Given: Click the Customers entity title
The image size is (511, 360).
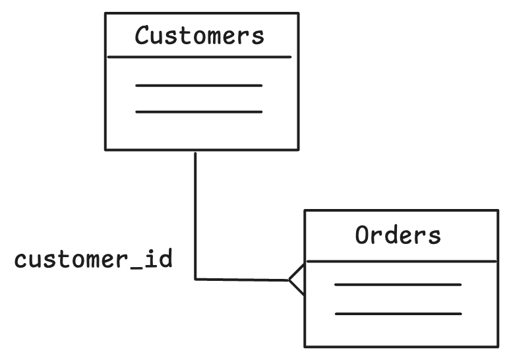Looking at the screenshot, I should (199, 36).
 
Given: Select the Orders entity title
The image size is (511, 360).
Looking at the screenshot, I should (398, 235).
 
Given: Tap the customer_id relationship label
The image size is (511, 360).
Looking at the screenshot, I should (94, 260).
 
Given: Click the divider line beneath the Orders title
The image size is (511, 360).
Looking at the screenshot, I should (401, 262).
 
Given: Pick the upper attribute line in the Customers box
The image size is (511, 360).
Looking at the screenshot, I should (199, 86).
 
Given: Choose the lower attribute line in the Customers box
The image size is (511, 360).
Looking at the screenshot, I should (199, 112).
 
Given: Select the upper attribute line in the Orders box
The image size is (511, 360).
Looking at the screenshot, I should (398, 285).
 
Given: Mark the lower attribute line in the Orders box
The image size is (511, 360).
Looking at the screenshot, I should (398, 313).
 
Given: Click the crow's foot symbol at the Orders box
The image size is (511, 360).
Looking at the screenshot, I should (296, 280).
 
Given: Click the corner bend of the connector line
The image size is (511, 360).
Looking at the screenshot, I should (196, 279).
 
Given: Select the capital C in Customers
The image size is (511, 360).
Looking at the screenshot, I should (142, 36).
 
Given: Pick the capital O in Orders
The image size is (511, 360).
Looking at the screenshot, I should (362, 235).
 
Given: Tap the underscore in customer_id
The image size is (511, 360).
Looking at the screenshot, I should (133, 268).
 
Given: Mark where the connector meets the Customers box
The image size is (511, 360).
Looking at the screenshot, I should (195, 150).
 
